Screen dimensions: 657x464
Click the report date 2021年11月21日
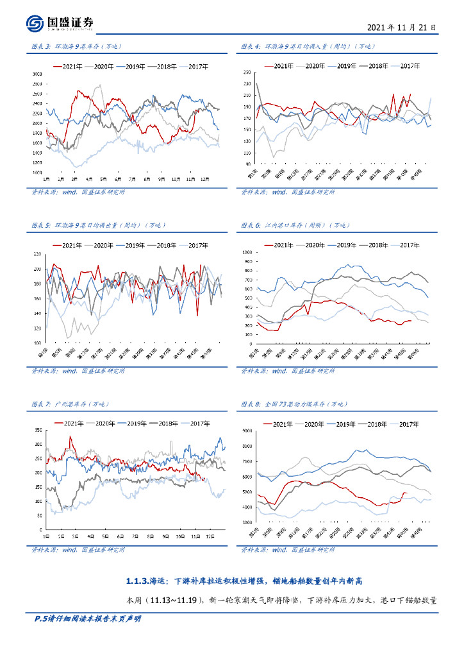(x=401, y=28)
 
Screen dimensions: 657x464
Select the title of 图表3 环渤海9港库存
(x=76, y=46)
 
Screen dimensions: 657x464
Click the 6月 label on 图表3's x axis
(x=118, y=179)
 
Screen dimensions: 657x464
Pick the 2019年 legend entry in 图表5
(x=134, y=245)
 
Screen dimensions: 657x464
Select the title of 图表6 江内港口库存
(x=294, y=225)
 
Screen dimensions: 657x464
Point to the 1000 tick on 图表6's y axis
(x=246, y=253)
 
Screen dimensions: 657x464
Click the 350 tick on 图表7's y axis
(x=37, y=431)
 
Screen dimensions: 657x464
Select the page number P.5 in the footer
(x=41, y=619)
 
